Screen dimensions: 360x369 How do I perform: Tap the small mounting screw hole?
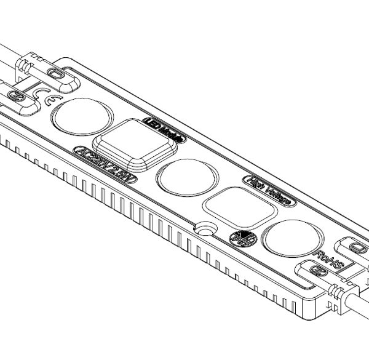tap(202, 229)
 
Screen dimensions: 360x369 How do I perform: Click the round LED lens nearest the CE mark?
tap(81, 116)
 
